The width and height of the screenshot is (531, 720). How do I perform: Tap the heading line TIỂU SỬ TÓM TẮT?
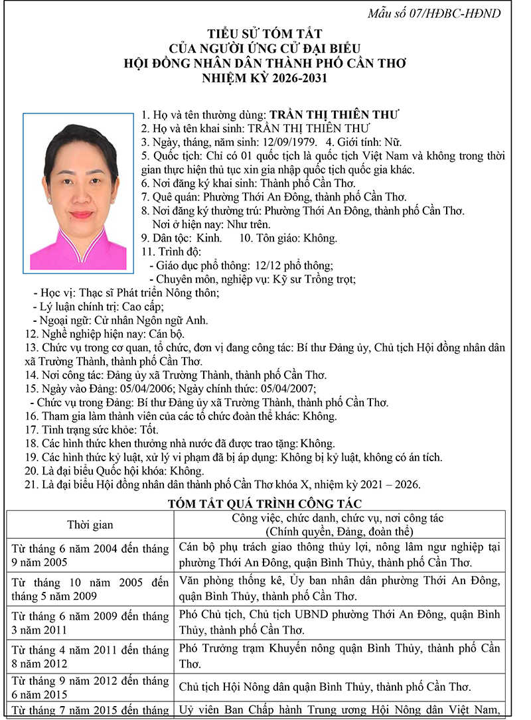tap(265, 34)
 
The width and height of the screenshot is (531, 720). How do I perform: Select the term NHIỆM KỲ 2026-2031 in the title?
tap(265, 78)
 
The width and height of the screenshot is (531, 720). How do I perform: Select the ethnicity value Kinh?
tap(209, 238)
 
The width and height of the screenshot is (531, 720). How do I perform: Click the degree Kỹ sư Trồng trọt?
tap(315, 279)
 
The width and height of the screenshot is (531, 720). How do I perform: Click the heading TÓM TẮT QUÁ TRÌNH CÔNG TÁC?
tap(265, 504)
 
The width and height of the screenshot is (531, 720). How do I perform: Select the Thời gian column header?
tap(90, 525)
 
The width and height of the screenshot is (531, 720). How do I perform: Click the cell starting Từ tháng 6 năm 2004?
tap(90, 555)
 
